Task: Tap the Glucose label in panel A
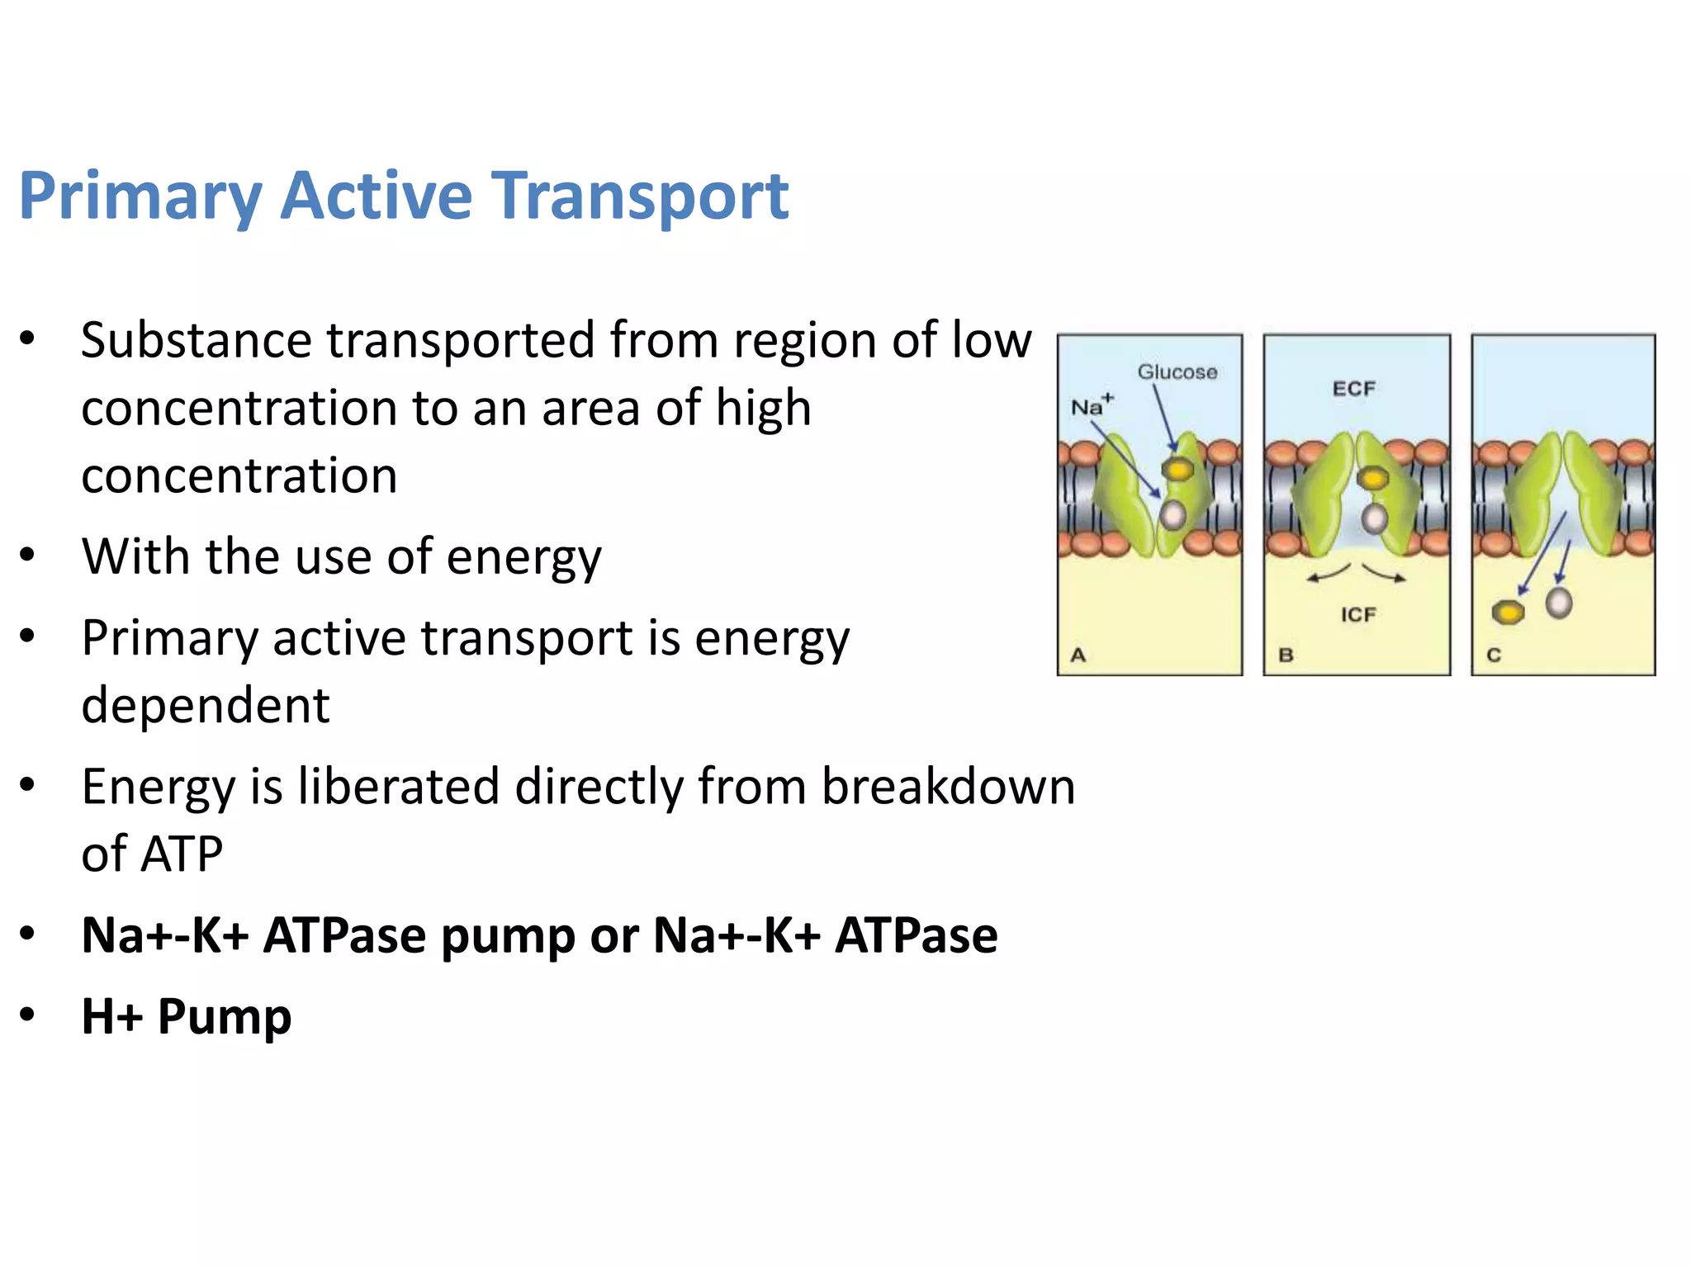tap(1177, 372)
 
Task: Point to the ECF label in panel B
tap(1354, 389)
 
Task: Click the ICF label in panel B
tap(1358, 615)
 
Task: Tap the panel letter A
tap(1078, 655)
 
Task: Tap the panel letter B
tap(1286, 655)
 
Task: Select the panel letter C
tap(1494, 655)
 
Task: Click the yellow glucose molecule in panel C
tap(1509, 613)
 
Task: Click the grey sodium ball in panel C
tap(1559, 603)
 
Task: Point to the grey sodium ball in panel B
tap(1375, 519)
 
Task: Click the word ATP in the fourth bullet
tap(182, 854)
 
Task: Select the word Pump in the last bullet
tap(225, 1017)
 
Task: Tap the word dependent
tap(206, 706)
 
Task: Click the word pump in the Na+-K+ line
tap(507, 936)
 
